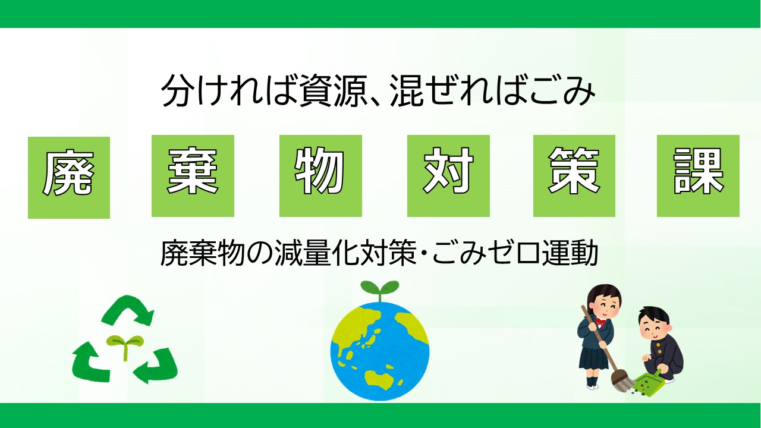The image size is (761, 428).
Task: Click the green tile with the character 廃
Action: (x=69, y=177)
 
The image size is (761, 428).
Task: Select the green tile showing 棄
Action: (x=193, y=176)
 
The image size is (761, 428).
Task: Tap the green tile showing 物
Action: (x=320, y=176)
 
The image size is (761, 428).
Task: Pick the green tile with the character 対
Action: (x=448, y=176)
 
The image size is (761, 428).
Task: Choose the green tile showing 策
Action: (x=574, y=176)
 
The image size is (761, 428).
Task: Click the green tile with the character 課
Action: (x=698, y=176)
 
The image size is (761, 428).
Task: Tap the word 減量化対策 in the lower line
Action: (x=348, y=254)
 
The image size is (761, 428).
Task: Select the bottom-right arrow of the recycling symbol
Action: (x=157, y=365)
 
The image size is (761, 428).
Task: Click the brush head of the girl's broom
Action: (x=621, y=380)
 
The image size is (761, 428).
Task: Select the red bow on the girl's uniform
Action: (x=600, y=324)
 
